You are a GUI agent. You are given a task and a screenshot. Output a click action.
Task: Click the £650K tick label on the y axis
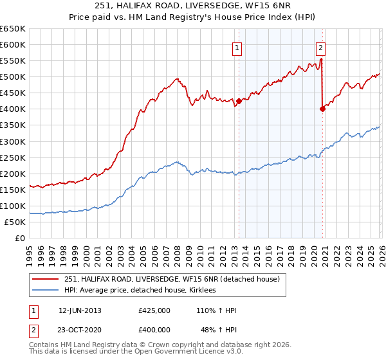point(13,29)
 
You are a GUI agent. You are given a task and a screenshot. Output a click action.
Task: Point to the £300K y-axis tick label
point(13,141)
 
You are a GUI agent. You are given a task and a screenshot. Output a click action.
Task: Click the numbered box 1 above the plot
point(237,47)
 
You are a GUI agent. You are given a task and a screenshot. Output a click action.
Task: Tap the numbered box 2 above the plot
point(320,47)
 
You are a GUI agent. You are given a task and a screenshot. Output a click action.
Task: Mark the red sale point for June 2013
point(239,101)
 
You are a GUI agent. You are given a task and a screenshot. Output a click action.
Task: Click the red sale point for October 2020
point(322,109)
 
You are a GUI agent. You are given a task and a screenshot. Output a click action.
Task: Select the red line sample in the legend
point(45,279)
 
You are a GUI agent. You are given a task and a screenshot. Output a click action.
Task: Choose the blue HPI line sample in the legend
point(45,291)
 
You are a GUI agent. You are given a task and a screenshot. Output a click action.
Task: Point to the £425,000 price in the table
point(154,310)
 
